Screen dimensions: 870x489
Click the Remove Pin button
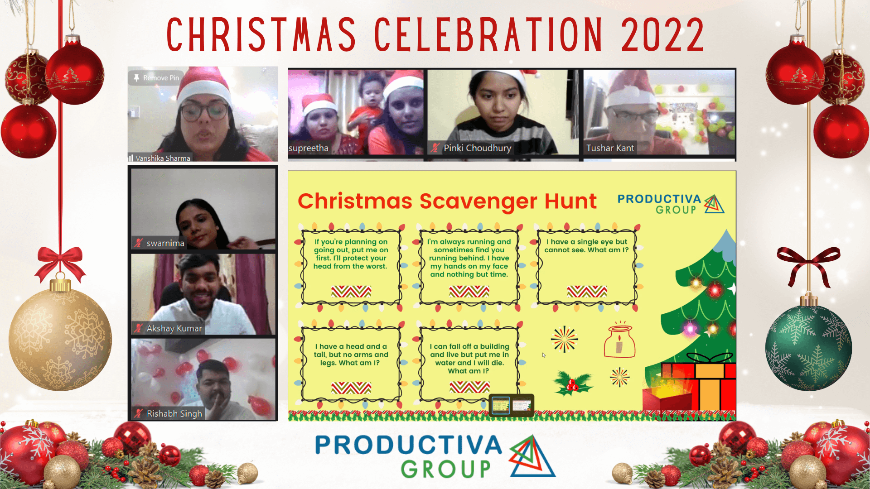pos(156,78)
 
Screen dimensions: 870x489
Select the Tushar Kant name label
pos(610,148)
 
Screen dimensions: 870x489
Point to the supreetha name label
pos(309,148)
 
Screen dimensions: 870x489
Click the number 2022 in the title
pos(662,35)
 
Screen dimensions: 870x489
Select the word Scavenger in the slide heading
pos(478,201)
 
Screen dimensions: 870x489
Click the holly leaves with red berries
pos(573,383)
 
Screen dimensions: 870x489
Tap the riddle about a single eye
pos(586,246)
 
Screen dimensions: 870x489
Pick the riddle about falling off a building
pos(469,359)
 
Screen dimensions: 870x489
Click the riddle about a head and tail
pos(351,355)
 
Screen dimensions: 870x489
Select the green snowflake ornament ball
pos(808,348)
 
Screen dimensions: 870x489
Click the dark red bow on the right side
pos(809,264)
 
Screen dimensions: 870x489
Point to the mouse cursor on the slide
pos(544,355)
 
